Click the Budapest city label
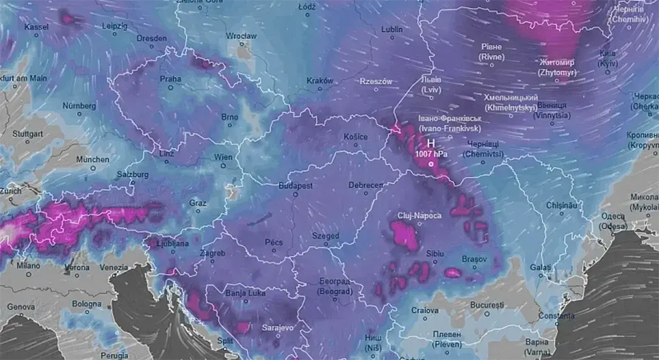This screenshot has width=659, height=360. coord(296,185)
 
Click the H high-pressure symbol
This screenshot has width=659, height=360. coord(430,143)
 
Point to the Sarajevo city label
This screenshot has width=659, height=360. coord(278,327)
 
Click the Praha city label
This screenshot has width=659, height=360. coord(171,79)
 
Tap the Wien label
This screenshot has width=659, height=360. coord(224,157)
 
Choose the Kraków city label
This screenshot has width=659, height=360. coord(319,80)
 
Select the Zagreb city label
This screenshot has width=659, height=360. coord(212,253)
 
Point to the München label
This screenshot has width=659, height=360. coord(92,159)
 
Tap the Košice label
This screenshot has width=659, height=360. coord(355,137)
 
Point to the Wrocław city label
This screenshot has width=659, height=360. coord(242,35)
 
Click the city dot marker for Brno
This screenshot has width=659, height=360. coord(230,125)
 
